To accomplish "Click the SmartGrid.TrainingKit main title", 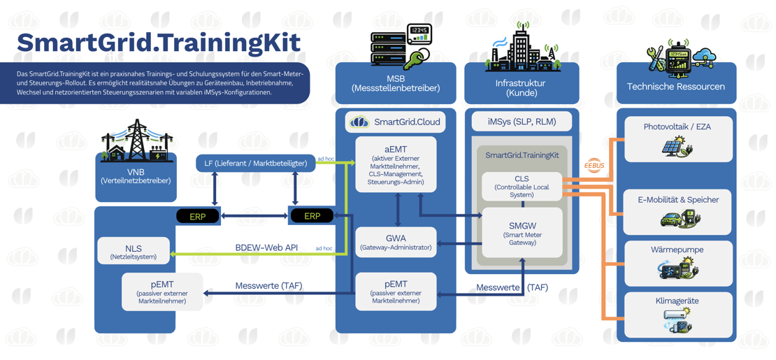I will click(159, 42).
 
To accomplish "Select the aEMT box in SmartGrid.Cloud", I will click(396, 164).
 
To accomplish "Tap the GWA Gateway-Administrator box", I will click(396, 242).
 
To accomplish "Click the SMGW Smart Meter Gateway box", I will click(522, 233).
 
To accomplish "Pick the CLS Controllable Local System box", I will click(522, 187).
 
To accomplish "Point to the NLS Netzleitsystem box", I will click(134, 252).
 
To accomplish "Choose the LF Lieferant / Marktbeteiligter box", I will click(255, 164).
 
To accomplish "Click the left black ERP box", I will click(198, 216).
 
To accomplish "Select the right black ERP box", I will click(312, 216).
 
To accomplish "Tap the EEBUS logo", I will click(594, 165).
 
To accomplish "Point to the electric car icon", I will click(671, 219).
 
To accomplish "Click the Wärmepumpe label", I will click(677, 250).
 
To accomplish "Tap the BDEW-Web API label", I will click(266, 247).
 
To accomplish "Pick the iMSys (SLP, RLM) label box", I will click(522, 122).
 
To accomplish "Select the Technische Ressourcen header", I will click(675, 87).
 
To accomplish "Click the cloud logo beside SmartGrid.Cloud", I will click(359, 122).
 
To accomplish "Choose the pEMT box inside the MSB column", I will click(396, 291).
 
